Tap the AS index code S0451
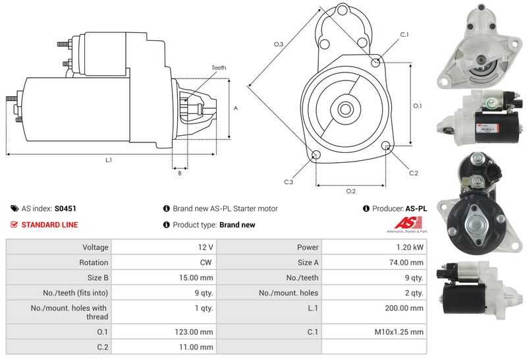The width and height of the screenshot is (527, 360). click(x=65, y=208)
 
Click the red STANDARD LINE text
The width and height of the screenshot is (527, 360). click(x=49, y=225)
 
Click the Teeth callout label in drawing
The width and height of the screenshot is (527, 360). click(x=219, y=68)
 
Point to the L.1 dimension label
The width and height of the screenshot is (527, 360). click(x=109, y=160)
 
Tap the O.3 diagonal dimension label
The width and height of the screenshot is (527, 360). click(x=279, y=44)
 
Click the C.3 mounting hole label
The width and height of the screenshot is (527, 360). click(x=289, y=181)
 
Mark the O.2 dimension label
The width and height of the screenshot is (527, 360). click(x=351, y=191)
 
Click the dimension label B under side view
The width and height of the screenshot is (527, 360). click(x=179, y=173)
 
